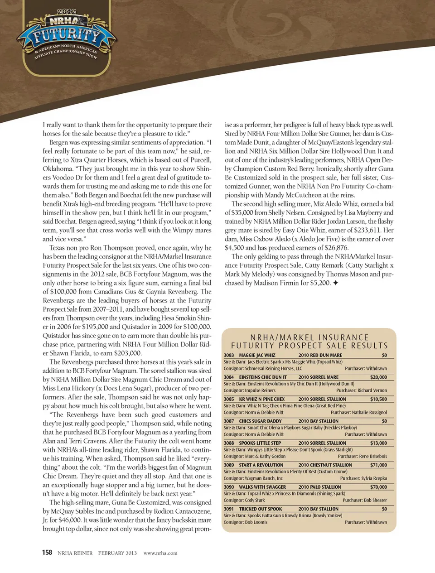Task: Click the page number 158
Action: coord(47,552)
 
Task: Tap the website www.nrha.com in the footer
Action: coord(160,553)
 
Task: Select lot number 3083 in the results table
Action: coord(229,356)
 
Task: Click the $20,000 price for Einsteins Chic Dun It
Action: coord(378,377)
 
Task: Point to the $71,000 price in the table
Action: coord(378,465)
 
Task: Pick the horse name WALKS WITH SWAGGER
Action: coord(262,487)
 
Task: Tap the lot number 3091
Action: coord(229,509)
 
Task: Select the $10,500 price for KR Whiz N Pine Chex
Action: coord(378,400)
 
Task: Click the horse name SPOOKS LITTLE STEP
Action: coord(260,443)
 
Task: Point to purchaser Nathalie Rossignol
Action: coord(369,413)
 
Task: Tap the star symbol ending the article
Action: coord(336,283)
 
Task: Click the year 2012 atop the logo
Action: coord(66,11)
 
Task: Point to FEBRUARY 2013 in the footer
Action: coord(117,553)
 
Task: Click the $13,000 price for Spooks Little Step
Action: coord(378,443)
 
